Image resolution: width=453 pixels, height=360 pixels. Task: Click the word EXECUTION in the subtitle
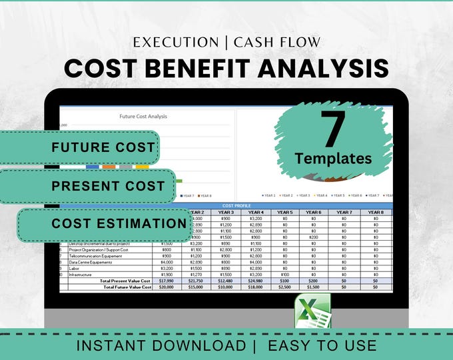[176, 42]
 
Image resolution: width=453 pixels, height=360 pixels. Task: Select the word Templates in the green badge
[333, 158]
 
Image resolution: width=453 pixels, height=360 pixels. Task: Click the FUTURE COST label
[103, 147]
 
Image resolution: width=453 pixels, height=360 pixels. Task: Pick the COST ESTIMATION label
[119, 224]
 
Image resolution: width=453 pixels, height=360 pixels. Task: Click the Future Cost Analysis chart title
[143, 117]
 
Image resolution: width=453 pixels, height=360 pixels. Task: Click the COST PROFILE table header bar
[236, 206]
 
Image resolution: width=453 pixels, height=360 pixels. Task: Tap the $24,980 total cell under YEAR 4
[256, 281]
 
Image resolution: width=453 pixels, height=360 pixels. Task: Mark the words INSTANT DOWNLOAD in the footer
[161, 345]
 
